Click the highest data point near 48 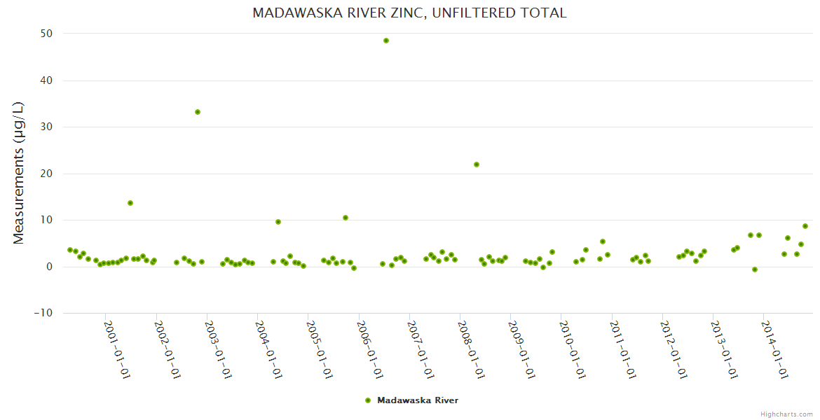[386, 41]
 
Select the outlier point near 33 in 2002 [198, 112]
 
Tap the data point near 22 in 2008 [477, 164]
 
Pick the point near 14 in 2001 [130, 203]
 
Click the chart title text [409, 13]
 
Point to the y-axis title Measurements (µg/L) [19, 172]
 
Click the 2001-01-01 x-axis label [117, 349]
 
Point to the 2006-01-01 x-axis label [370, 349]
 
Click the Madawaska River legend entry [418, 400]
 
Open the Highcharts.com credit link [786, 414]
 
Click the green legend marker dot [368, 400]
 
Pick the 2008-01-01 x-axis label [472, 349]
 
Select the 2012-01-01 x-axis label [674, 349]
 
